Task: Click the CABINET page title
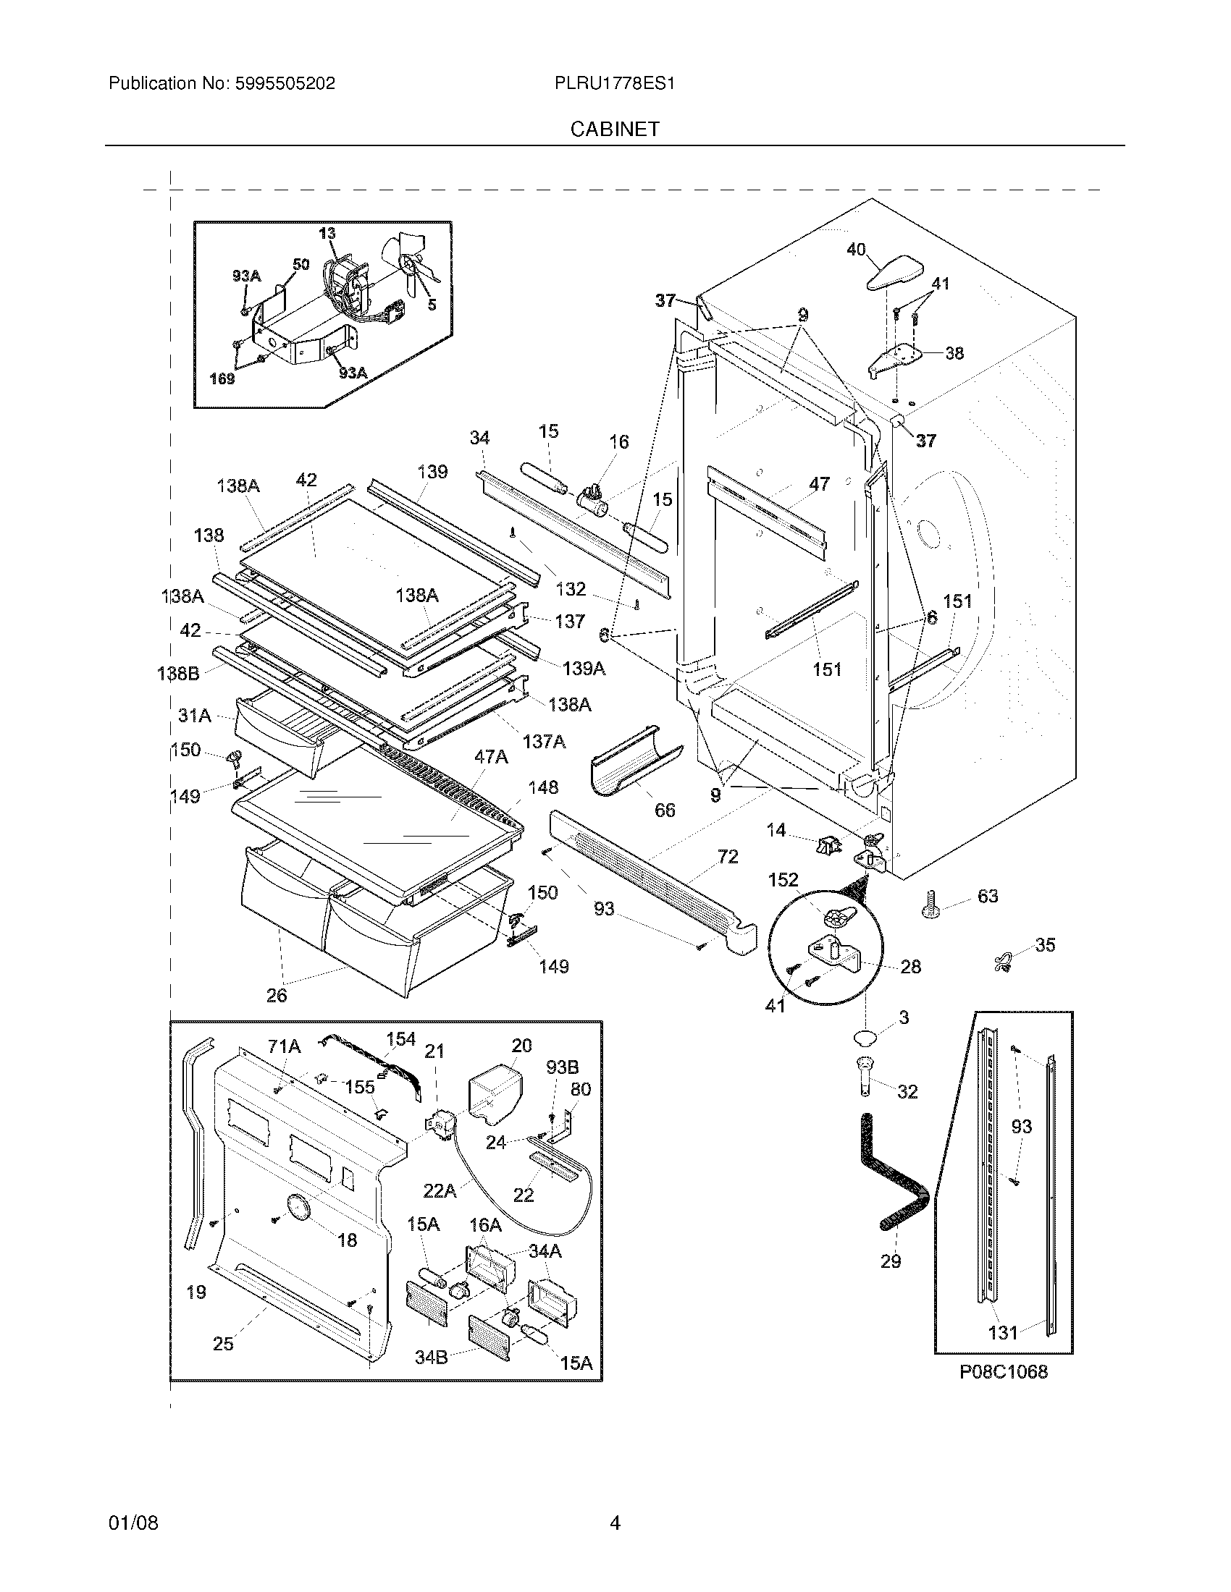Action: click(615, 129)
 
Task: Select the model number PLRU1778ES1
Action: click(614, 83)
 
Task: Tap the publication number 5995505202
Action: click(285, 83)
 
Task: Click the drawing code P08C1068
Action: click(1003, 1373)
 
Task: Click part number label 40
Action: click(855, 250)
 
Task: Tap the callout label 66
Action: click(664, 810)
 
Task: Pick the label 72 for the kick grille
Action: click(728, 857)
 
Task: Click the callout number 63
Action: click(988, 896)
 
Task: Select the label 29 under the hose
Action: click(891, 1261)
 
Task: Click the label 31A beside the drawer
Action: click(195, 716)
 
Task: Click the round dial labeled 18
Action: click(296, 1207)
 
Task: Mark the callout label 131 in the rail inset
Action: click(1002, 1333)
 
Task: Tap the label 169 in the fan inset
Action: click(222, 378)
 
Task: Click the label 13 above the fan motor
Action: click(327, 233)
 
